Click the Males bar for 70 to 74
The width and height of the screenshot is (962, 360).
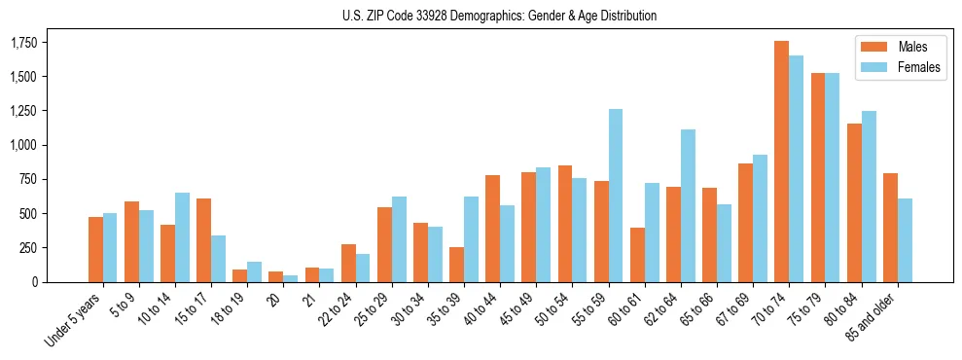782,162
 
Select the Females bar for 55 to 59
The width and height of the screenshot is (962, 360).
616,196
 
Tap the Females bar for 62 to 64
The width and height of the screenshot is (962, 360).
688,205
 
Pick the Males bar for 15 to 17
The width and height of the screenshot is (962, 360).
204,240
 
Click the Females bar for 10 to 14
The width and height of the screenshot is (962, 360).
182,237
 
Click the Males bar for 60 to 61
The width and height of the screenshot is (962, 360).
637,255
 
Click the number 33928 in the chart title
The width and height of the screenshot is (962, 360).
441,16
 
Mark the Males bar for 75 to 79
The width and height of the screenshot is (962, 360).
818,177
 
